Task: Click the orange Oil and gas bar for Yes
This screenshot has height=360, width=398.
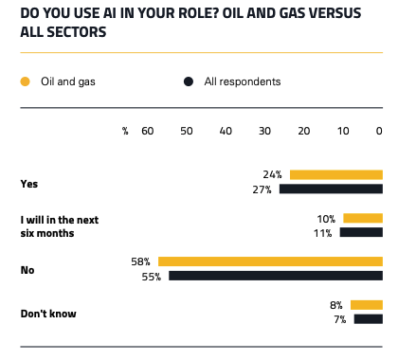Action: [x=335, y=174]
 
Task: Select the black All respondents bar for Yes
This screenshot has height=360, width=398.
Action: [x=330, y=189]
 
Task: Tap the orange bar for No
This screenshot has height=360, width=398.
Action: [x=270, y=261]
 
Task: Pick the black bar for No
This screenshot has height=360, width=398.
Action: [x=276, y=277]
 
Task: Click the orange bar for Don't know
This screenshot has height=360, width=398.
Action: [x=366, y=305]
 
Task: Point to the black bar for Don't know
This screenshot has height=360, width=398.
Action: [x=368, y=319]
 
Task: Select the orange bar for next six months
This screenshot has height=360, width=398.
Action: [x=362, y=218]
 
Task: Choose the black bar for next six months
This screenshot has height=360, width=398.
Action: [x=360, y=232]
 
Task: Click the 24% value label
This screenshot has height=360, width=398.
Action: [x=274, y=174]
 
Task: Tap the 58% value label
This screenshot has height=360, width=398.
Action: [x=142, y=261]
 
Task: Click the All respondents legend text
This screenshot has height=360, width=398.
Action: [x=243, y=81]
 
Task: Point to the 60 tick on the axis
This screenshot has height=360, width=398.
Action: [x=147, y=131]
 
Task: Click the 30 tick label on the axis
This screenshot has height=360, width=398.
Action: [x=263, y=131]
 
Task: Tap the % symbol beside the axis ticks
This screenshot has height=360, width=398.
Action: [x=124, y=131]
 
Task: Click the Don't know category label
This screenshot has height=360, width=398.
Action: [x=48, y=313]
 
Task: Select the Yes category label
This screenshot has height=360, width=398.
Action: [x=29, y=182]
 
